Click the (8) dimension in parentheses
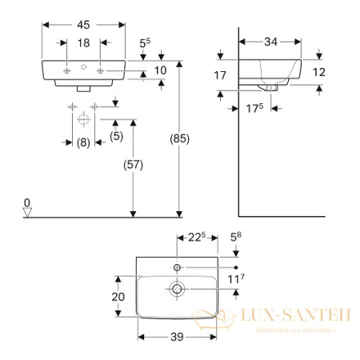click(82, 144)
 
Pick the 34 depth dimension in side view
click(270, 39)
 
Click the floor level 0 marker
click(27, 202)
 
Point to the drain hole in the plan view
click(177, 287)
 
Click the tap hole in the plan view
click(177, 265)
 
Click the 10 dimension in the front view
click(159, 71)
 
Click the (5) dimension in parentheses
click(116, 136)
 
